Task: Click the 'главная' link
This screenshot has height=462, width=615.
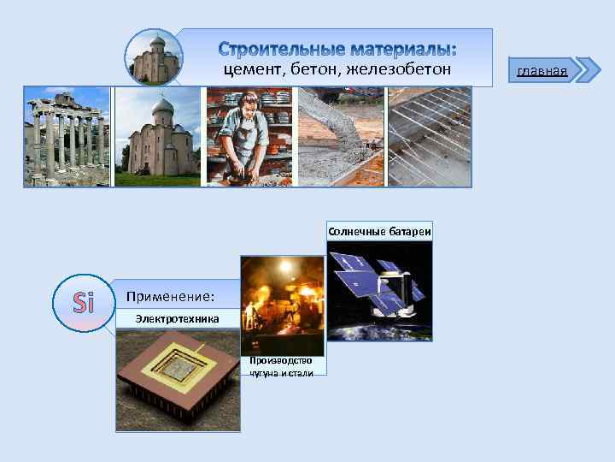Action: point(542,70)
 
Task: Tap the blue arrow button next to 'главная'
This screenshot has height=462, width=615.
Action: point(588,70)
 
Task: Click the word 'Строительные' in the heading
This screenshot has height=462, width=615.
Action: point(275,46)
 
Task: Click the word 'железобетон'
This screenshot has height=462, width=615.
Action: point(401,68)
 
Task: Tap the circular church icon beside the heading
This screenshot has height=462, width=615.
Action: point(155,57)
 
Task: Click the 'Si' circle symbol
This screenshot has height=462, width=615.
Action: point(83,303)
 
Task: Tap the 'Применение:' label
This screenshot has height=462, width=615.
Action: point(170,297)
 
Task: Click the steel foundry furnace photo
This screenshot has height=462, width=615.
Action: point(282,305)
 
